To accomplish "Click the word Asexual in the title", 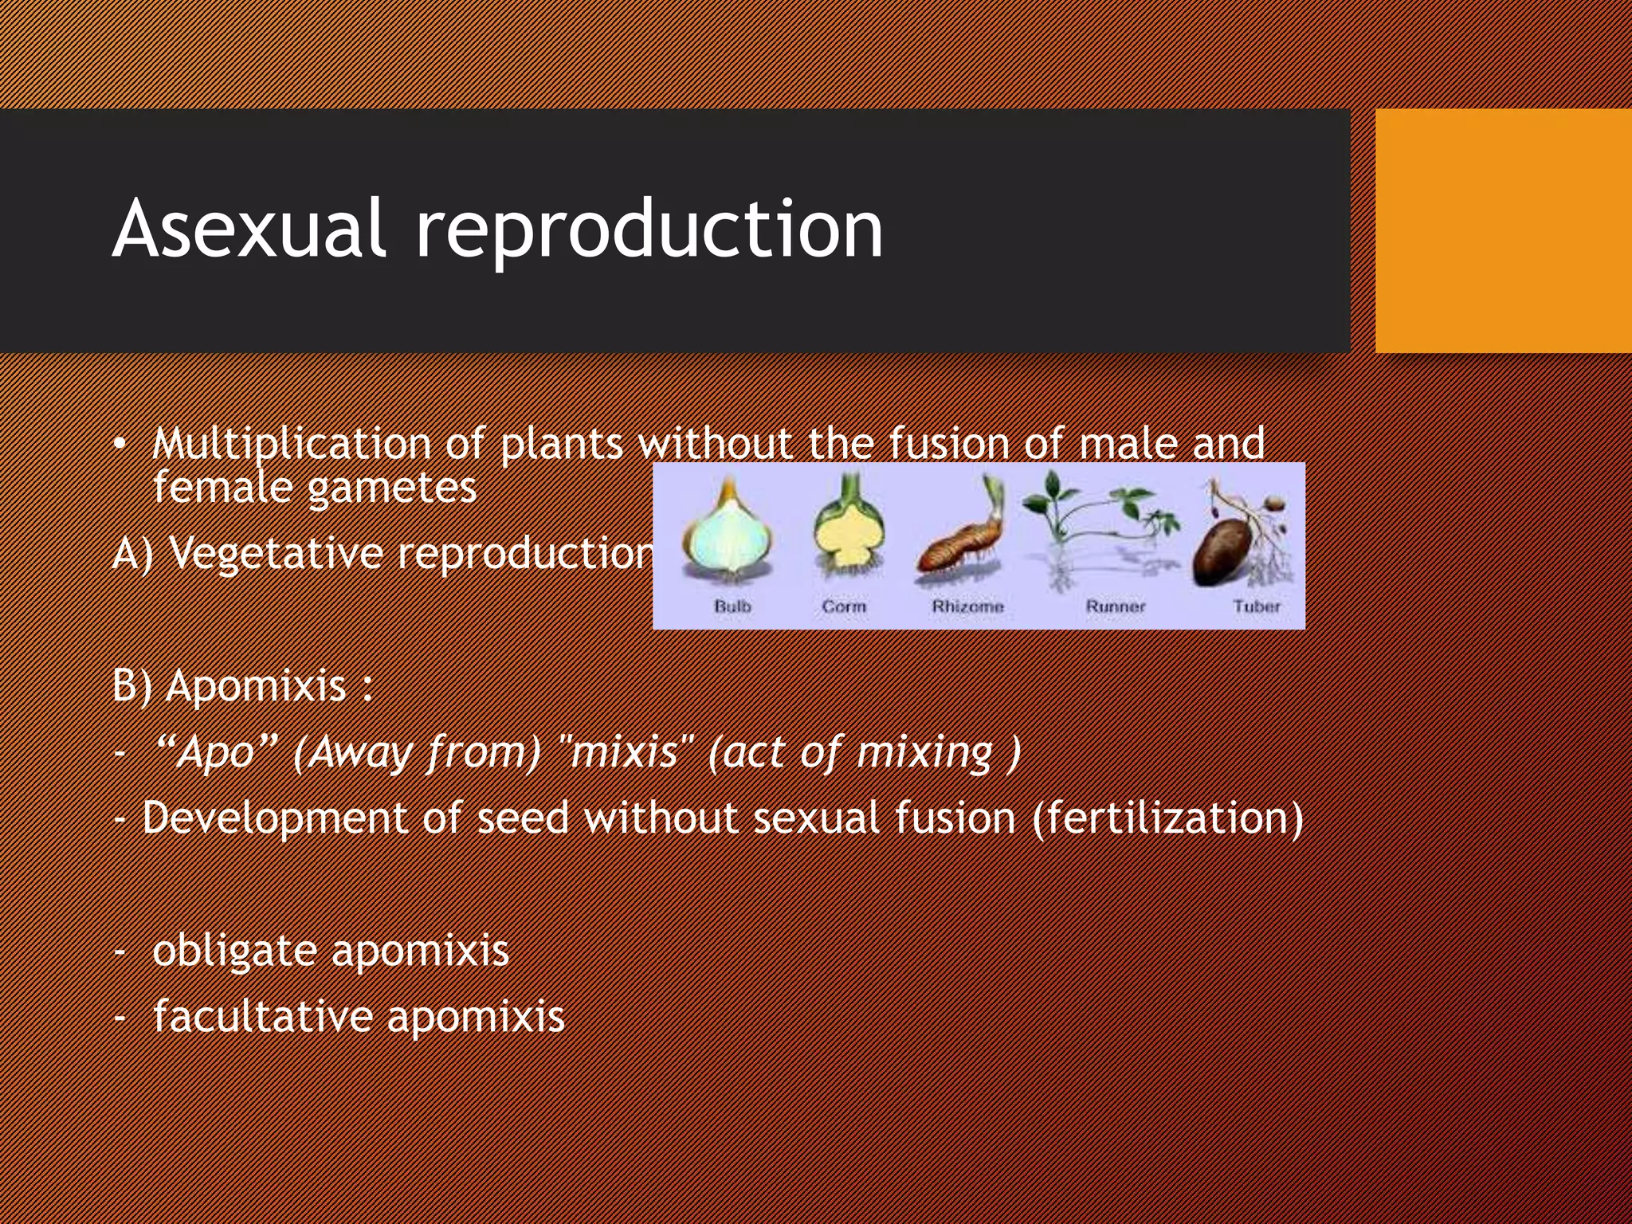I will click(x=249, y=229).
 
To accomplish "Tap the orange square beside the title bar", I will click(x=1503, y=231).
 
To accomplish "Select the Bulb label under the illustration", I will click(x=732, y=606).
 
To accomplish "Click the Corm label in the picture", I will click(x=844, y=606).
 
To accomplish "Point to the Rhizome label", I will click(x=967, y=606).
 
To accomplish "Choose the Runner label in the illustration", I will click(x=1115, y=606).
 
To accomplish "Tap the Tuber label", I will click(x=1257, y=606).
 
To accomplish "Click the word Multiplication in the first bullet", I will click(x=291, y=444).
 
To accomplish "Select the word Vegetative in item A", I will click(x=275, y=553).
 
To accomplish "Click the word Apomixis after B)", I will click(x=256, y=686).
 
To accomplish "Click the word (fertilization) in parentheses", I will click(x=1167, y=818).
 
